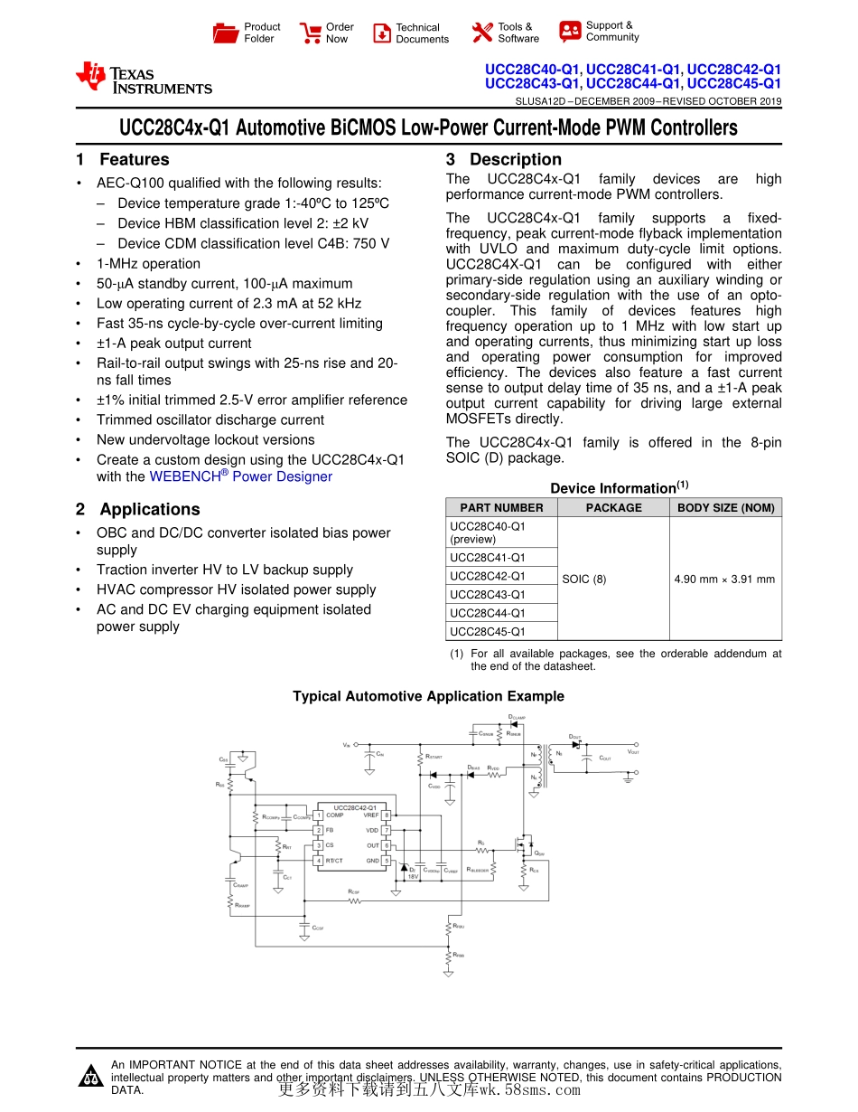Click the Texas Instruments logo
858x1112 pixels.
point(144,79)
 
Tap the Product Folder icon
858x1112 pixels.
point(226,33)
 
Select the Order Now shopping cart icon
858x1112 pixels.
point(311,33)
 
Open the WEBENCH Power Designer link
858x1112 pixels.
point(240,476)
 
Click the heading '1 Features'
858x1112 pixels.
point(124,160)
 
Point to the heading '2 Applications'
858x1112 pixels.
point(138,510)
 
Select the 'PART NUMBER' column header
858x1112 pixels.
point(501,508)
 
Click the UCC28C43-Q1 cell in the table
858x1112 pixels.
point(488,595)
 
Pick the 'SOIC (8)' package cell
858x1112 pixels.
point(584,579)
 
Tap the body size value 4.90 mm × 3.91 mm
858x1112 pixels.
point(724,579)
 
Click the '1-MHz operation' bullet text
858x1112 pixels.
point(148,264)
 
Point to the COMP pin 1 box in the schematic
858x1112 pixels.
point(318,815)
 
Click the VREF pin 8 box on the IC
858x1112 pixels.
point(386,815)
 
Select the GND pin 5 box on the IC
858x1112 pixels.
point(386,861)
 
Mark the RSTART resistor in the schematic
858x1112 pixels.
point(420,758)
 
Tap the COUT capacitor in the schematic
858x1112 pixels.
point(587,758)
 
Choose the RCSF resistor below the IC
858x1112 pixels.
point(354,901)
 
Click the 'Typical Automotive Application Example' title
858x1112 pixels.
point(428,696)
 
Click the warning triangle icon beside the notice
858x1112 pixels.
point(90,1077)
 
